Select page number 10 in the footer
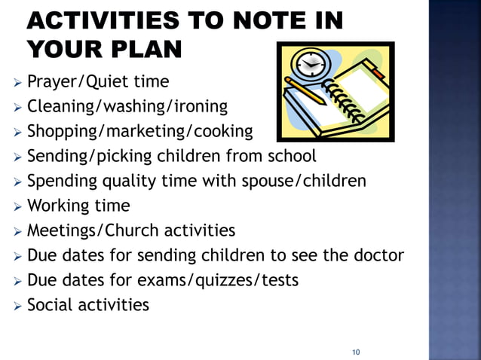point(357,352)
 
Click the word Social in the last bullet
point(47,305)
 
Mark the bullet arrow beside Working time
point(18,206)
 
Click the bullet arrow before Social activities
point(18,306)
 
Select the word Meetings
point(60,230)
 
